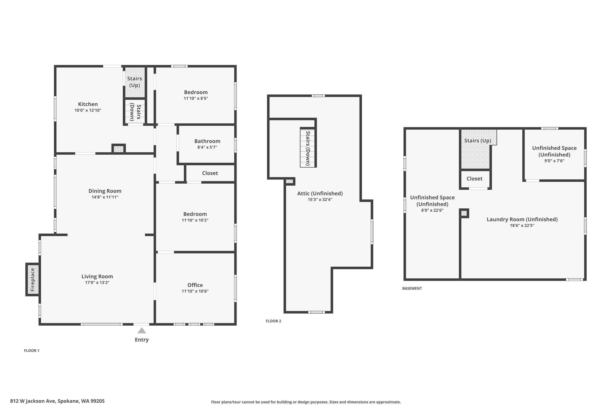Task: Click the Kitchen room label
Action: (x=88, y=104)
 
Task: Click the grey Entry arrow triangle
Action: (x=142, y=331)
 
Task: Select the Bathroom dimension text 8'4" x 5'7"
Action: (x=207, y=147)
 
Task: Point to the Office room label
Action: (x=195, y=285)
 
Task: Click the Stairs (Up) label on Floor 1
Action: (x=134, y=82)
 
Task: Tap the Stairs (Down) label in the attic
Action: (x=308, y=148)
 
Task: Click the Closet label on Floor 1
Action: (x=210, y=173)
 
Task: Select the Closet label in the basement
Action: (x=474, y=178)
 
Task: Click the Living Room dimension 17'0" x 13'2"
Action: (x=97, y=283)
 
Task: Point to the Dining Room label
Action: (x=105, y=191)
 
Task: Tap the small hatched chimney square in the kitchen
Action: (x=119, y=149)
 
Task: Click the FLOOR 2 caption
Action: (x=273, y=321)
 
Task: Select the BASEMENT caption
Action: (x=412, y=288)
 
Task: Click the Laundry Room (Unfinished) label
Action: (x=522, y=219)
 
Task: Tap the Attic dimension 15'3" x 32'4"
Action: (x=320, y=200)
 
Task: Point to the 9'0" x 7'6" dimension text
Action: (x=554, y=161)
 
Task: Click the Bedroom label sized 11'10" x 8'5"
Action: (x=196, y=92)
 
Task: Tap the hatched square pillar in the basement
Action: (x=464, y=213)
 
